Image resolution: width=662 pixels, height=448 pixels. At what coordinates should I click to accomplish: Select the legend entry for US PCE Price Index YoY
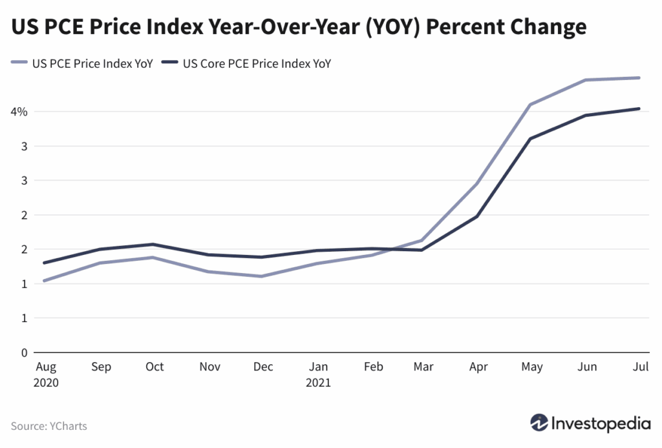pos(82,63)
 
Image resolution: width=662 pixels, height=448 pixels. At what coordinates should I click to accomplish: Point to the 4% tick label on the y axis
pos(19,112)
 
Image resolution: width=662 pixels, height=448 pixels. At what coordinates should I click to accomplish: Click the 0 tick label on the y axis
pos(24,352)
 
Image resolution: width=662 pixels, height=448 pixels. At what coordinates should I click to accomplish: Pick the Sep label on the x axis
pos(101,367)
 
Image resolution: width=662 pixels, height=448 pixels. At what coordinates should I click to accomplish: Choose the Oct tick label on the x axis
pos(155,367)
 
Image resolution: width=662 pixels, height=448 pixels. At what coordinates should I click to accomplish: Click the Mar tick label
pos(423,367)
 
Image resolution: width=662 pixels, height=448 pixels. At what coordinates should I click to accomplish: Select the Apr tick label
pos(478,367)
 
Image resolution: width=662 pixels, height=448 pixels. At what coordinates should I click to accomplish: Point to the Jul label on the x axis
pos(640,367)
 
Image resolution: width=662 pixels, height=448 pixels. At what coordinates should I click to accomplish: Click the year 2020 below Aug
pos(45,383)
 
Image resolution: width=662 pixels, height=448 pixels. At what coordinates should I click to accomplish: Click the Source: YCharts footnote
pos(48,426)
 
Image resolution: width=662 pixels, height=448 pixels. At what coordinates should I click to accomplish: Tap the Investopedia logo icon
pos(539,423)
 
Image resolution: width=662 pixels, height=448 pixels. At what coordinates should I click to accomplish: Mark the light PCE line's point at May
pos(531,105)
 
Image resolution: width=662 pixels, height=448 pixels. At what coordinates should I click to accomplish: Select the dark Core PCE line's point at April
pos(477,216)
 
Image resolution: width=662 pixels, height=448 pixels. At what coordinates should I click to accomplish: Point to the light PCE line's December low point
pos(261,276)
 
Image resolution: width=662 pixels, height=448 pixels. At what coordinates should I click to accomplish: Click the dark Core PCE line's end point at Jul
pos(639,108)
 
